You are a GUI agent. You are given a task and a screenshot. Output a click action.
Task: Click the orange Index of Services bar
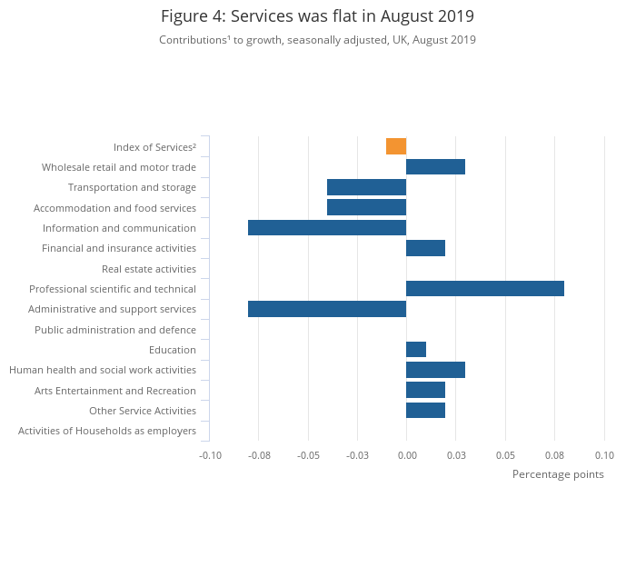point(396,146)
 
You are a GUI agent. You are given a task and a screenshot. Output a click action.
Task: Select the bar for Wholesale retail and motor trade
point(435,166)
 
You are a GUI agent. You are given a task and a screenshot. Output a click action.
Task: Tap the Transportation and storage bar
point(366,187)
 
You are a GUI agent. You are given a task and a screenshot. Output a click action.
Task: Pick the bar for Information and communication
point(327,227)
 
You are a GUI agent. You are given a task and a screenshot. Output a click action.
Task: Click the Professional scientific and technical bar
point(485,288)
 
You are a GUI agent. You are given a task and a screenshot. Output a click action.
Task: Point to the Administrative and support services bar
point(327,309)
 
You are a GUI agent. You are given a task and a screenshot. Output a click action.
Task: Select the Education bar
point(416,349)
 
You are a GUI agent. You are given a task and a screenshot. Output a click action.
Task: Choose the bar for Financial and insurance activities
point(425,248)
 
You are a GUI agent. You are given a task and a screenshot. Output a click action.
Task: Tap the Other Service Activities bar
point(425,410)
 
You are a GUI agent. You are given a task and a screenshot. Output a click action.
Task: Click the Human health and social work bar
point(435,370)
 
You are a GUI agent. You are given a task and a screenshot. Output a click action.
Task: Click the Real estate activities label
point(149,269)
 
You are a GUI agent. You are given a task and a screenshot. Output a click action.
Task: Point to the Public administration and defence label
point(115,330)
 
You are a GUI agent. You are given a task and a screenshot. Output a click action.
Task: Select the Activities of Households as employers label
point(107,431)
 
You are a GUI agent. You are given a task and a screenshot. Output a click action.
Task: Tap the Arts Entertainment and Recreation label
point(115,391)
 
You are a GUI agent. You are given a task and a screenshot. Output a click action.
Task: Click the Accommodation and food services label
point(114,208)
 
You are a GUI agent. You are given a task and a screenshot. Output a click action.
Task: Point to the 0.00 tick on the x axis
point(406,454)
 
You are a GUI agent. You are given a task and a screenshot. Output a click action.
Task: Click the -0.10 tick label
point(210,454)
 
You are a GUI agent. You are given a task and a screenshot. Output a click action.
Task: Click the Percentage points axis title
point(558,474)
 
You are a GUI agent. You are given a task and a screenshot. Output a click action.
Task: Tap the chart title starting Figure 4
point(317,16)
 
